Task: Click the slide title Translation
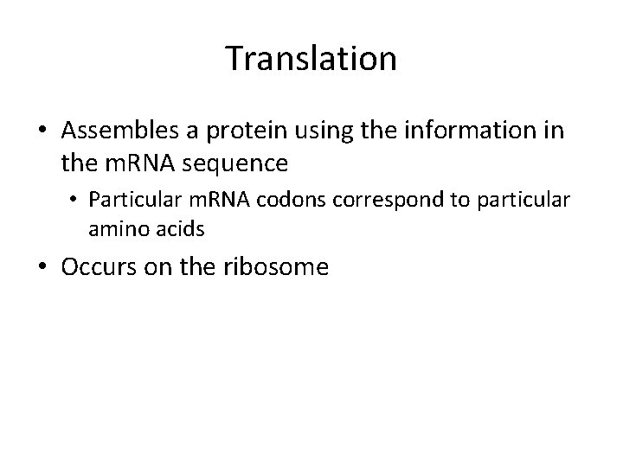point(311,59)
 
